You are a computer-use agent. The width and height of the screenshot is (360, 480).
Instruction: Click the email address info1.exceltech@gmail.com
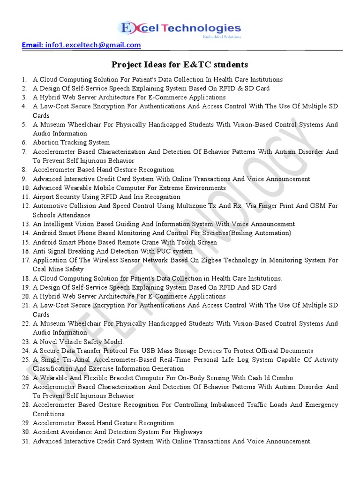92,45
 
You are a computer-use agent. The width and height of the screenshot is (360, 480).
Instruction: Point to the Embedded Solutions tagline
222,37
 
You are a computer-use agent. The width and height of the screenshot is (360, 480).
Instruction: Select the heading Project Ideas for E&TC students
180,64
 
